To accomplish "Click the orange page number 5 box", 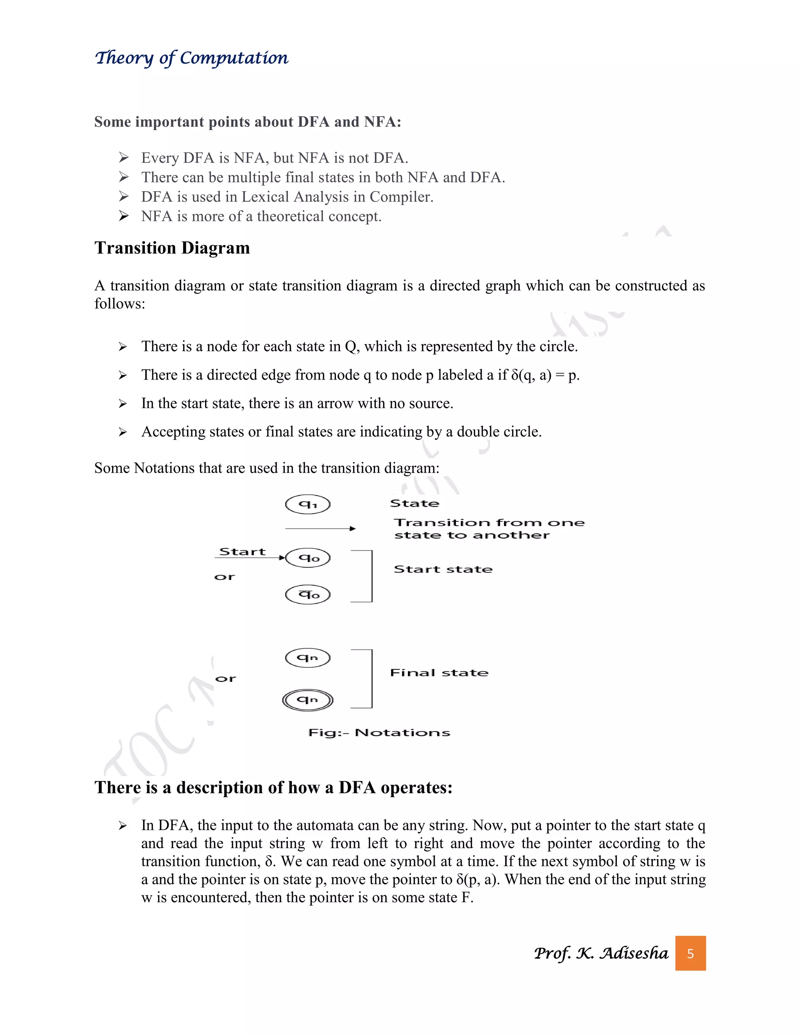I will (690, 953).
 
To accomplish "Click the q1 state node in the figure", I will (307, 504).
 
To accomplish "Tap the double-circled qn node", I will (307, 700).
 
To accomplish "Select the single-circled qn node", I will (307, 657).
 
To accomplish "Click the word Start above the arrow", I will (242, 551).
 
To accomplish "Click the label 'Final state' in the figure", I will (439, 673).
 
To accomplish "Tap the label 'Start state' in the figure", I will (443, 569).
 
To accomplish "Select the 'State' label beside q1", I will (414, 503).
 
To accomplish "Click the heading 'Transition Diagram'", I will (172, 248).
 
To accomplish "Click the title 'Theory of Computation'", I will (191, 58).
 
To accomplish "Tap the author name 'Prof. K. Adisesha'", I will (601, 953).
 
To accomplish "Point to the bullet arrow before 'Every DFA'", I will (124, 157).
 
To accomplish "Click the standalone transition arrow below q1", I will (320, 528).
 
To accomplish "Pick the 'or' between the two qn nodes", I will (225, 679).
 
